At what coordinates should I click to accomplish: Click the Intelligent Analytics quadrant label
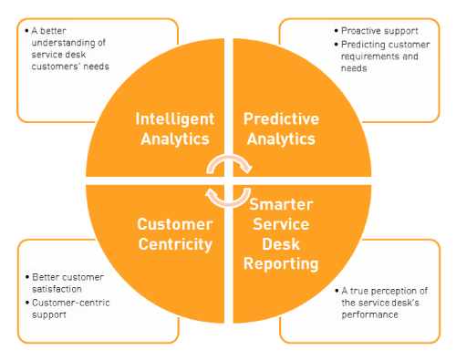pos(176,129)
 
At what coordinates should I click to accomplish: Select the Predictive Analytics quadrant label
pos(279,129)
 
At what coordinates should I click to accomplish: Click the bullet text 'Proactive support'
pos(379,30)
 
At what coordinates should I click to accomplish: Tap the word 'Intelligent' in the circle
pos(176,118)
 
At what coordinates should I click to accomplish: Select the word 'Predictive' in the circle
pos(279,118)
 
